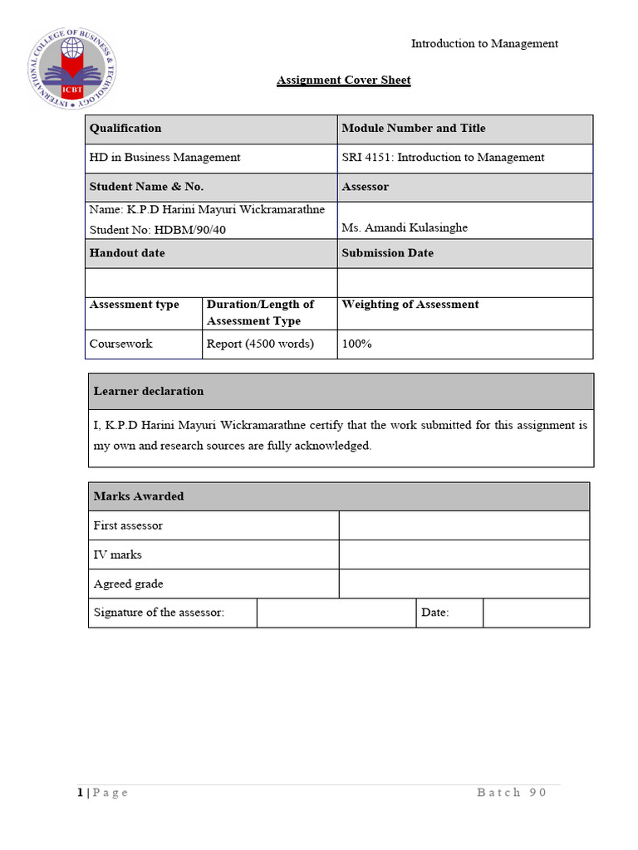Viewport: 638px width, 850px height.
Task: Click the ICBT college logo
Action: click(x=73, y=69)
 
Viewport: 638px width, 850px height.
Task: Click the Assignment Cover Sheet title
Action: click(x=343, y=81)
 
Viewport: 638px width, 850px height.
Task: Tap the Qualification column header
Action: click(x=125, y=129)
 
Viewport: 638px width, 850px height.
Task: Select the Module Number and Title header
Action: click(x=414, y=129)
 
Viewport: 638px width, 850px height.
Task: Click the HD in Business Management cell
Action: click(x=164, y=158)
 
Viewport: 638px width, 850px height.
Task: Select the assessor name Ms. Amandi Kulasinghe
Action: click(x=405, y=227)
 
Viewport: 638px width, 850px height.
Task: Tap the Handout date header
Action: click(x=127, y=253)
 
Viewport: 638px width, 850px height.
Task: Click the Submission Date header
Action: click(x=387, y=253)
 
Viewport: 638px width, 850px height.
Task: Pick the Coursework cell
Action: click(x=121, y=344)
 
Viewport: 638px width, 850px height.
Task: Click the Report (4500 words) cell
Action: click(x=260, y=344)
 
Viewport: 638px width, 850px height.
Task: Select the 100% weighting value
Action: click(x=356, y=344)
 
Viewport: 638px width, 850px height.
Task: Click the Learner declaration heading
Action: click(x=149, y=391)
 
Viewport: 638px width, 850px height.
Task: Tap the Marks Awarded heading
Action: click(x=139, y=496)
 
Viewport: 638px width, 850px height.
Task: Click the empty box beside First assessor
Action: click(x=464, y=525)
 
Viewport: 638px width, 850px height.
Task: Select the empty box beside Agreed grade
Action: click(x=464, y=584)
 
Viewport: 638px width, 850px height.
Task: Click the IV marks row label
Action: click(x=118, y=554)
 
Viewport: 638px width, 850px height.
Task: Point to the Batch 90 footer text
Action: click(x=512, y=793)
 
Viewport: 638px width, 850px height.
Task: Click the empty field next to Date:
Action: click(x=536, y=613)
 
